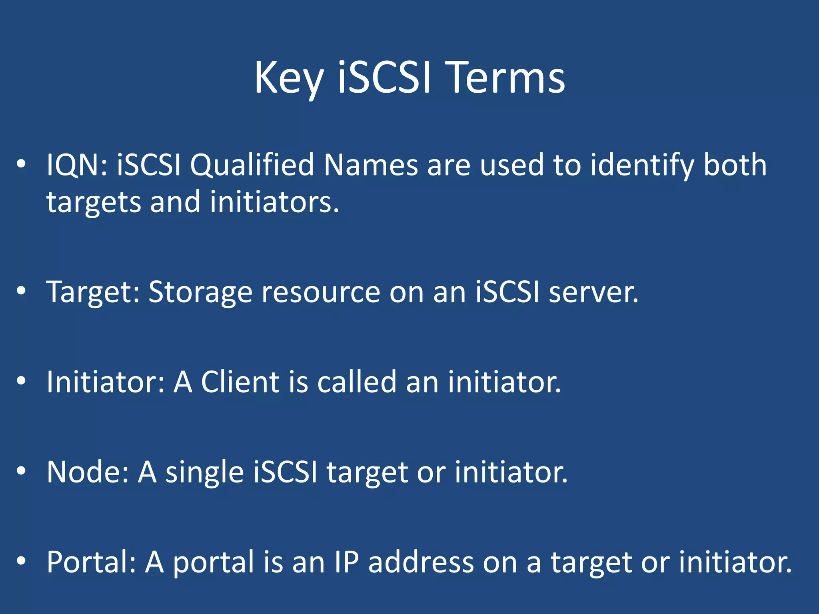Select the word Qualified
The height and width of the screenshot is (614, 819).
[252, 165]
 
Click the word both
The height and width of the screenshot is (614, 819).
[735, 165]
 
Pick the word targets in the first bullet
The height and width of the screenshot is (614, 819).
[94, 202]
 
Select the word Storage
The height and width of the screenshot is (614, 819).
[200, 292]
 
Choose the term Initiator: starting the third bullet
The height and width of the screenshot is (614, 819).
[106, 382]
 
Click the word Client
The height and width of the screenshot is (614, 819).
[240, 382]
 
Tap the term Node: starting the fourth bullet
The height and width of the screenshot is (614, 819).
[88, 472]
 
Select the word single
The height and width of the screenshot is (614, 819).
[204, 472]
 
